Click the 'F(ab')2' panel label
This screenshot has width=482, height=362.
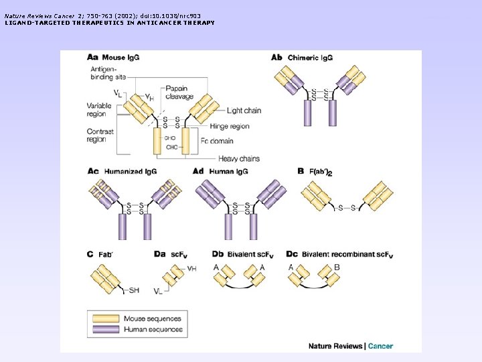point(319,172)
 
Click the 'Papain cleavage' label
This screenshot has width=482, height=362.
point(179,93)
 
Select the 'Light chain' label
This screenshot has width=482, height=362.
point(244,111)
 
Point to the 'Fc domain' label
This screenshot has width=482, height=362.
point(217,141)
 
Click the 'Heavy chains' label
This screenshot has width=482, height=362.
point(239,159)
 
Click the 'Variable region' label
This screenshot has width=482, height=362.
point(100,109)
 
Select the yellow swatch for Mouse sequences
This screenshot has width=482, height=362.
point(105,318)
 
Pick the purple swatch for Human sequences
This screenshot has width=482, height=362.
point(105,329)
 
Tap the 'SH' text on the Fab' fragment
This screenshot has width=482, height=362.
point(134,290)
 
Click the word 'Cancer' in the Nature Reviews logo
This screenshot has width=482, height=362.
point(380,346)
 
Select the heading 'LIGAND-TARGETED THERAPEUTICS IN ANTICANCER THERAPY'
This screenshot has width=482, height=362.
point(110,23)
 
